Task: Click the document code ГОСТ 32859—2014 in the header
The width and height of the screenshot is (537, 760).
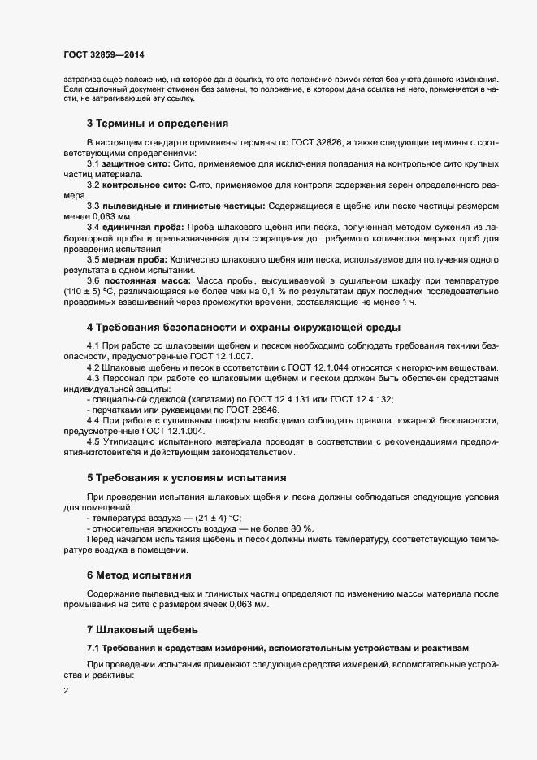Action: tap(104, 54)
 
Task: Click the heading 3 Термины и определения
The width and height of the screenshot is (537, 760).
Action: tap(157, 124)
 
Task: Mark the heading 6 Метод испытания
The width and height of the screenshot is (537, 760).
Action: tap(139, 575)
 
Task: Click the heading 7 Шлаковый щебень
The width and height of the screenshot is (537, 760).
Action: tap(142, 630)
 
